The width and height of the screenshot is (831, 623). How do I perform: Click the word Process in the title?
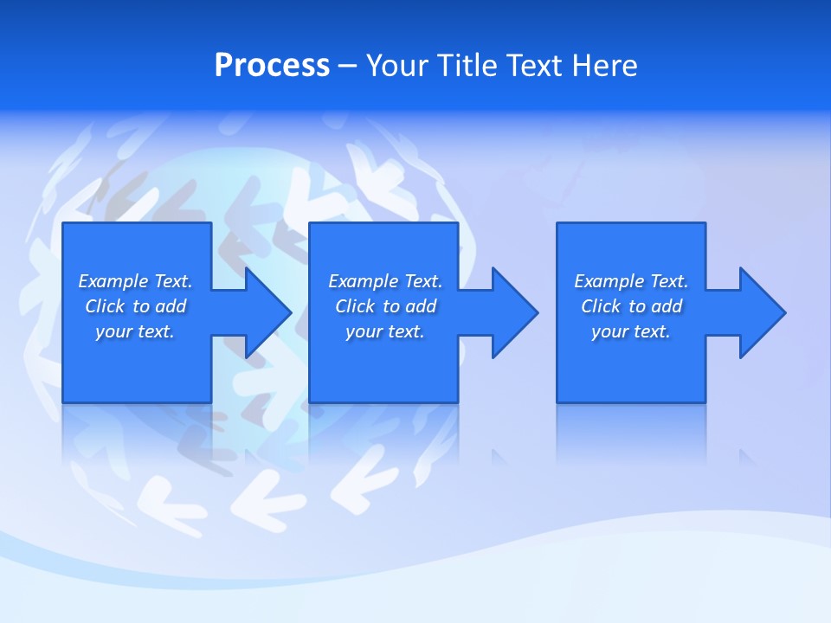click(272, 66)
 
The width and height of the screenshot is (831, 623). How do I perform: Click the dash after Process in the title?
click(348, 67)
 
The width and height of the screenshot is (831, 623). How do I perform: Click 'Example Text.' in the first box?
click(135, 281)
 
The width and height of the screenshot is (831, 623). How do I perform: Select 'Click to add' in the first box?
click(135, 306)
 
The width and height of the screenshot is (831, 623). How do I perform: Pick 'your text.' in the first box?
click(135, 331)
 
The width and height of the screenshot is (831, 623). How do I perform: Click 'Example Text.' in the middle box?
click(385, 281)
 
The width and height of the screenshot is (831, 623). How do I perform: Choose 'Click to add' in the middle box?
click(385, 306)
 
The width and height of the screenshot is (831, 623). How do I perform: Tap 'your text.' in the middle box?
click(385, 331)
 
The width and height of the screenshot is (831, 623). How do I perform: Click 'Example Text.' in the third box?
click(631, 281)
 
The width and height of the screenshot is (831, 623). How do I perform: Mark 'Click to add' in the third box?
click(631, 306)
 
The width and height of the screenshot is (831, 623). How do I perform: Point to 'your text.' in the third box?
click(631, 331)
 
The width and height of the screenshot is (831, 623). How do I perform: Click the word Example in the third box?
click(609, 281)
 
